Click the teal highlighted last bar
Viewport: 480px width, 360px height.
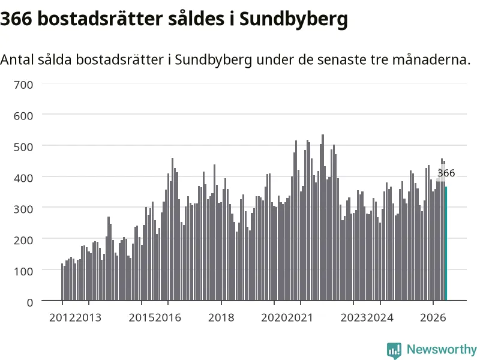(446, 244)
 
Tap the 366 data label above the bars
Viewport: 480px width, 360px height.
(446, 173)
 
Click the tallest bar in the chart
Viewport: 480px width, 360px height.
(323, 217)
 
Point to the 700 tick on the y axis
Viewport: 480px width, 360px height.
(23, 85)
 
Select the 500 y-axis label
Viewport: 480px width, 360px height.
(23, 147)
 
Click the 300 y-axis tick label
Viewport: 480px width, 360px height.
(23, 209)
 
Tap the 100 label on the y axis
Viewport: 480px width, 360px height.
(23, 272)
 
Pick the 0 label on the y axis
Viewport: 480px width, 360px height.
(29, 303)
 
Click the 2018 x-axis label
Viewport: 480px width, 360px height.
(221, 317)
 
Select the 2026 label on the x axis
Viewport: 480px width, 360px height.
(433, 317)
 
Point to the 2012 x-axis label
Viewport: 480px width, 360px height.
(62, 317)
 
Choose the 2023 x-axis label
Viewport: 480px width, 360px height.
(353, 317)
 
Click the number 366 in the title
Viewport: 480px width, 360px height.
(16, 19)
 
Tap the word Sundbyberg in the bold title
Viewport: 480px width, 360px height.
(293, 20)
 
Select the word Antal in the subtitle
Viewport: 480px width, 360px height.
(17, 59)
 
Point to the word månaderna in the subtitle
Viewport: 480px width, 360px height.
(431, 59)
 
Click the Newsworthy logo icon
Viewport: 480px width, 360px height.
(394, 350)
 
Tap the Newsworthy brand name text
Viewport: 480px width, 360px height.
(442, 349)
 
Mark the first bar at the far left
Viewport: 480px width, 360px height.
(62, 282)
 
